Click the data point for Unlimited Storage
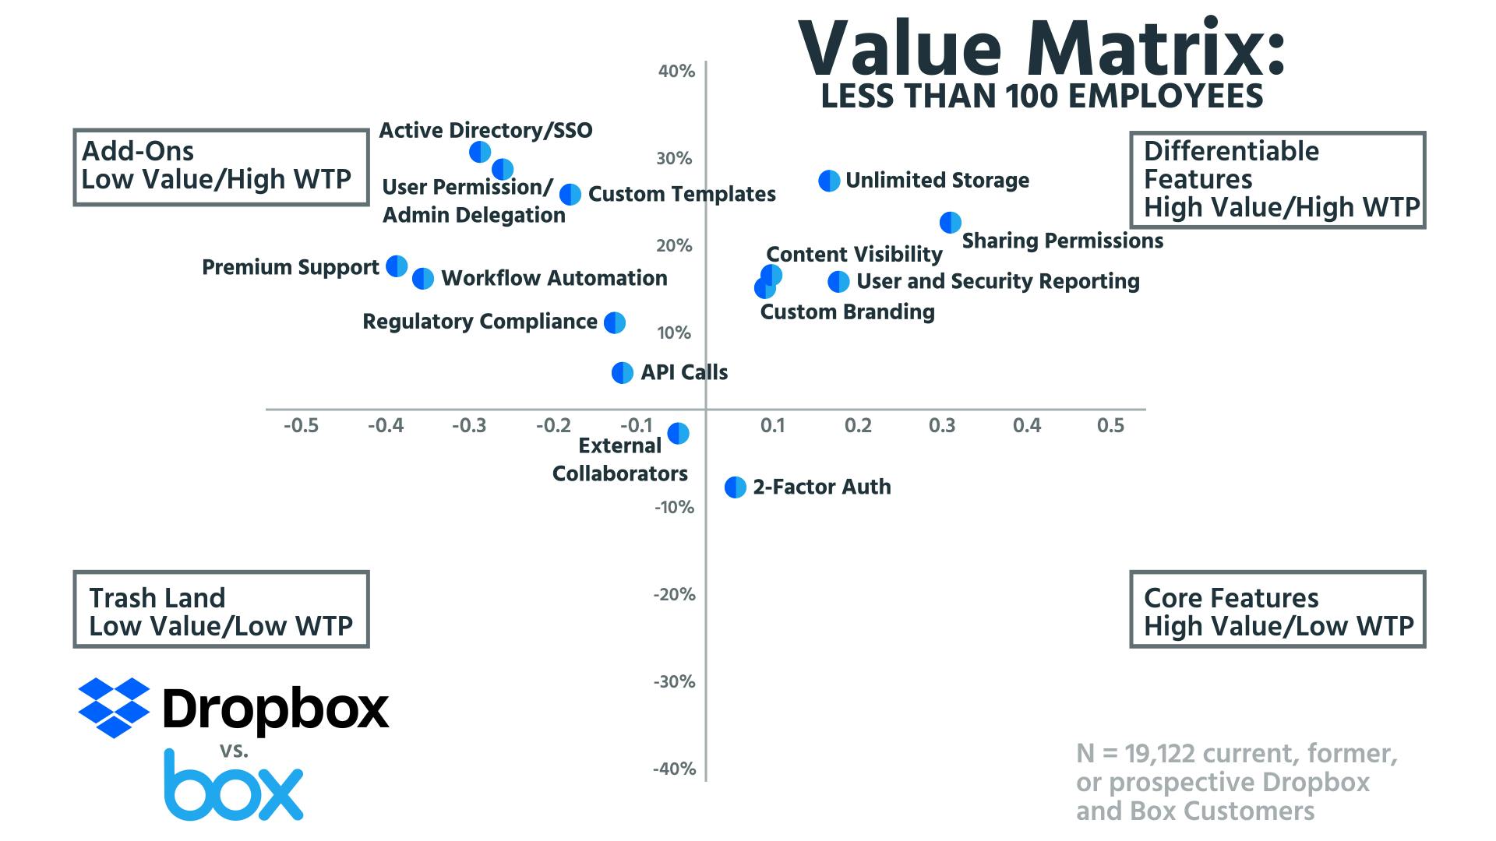click(x=829, y=181)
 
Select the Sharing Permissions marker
click(x=950, y=223)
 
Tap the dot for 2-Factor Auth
click(x=735, y=487)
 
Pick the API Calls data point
click(x=622, y=373)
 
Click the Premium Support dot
click(x=397, y=266)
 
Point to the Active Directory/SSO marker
click(x=480, y=152)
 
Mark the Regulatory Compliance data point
click(x=615, y=322)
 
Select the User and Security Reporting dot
click(x=838, y=282)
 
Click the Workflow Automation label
click(x=554, y=279)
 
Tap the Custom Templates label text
click(x=682, y=195)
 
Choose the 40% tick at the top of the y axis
click(x=676, y=72)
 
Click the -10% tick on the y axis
click(x=674, y=508)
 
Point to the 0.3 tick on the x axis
click(x=942, y=426)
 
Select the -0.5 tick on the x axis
click(x=301, y=426)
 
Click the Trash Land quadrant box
click(x=221, y=610)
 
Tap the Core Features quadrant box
click(x=1277, y=610)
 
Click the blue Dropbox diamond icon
click(x=114, y=707)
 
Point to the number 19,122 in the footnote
click(x=1159, y=754)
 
